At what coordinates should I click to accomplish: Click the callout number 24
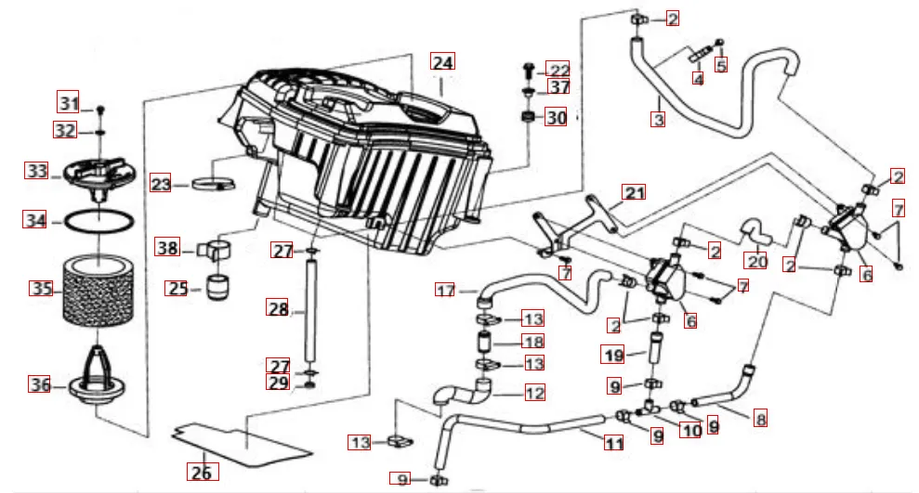[x=442, y=63]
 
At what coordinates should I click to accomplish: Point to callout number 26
[x=202, y=472]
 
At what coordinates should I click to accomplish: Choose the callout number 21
[x=634, y=194]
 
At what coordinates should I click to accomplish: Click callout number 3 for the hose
[x=658, y=120]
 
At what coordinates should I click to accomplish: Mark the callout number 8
[x=761, y=419]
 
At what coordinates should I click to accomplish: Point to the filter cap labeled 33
[x=97, y=174]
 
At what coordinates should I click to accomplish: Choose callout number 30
[x=556, y=118]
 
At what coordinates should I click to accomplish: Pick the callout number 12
[x=534, y=393]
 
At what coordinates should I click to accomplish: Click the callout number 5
[x=721, y=65]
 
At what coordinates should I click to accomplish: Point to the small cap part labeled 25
[x=219, y=288]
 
